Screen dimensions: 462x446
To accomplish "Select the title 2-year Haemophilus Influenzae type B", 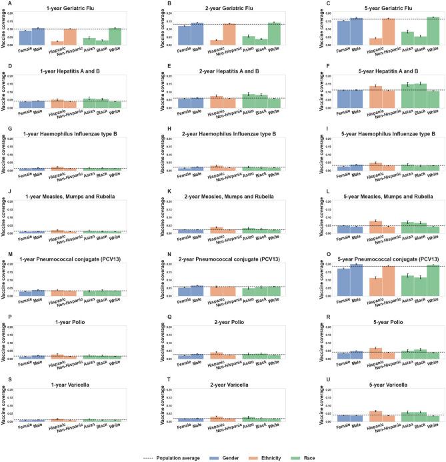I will (221, 133).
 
